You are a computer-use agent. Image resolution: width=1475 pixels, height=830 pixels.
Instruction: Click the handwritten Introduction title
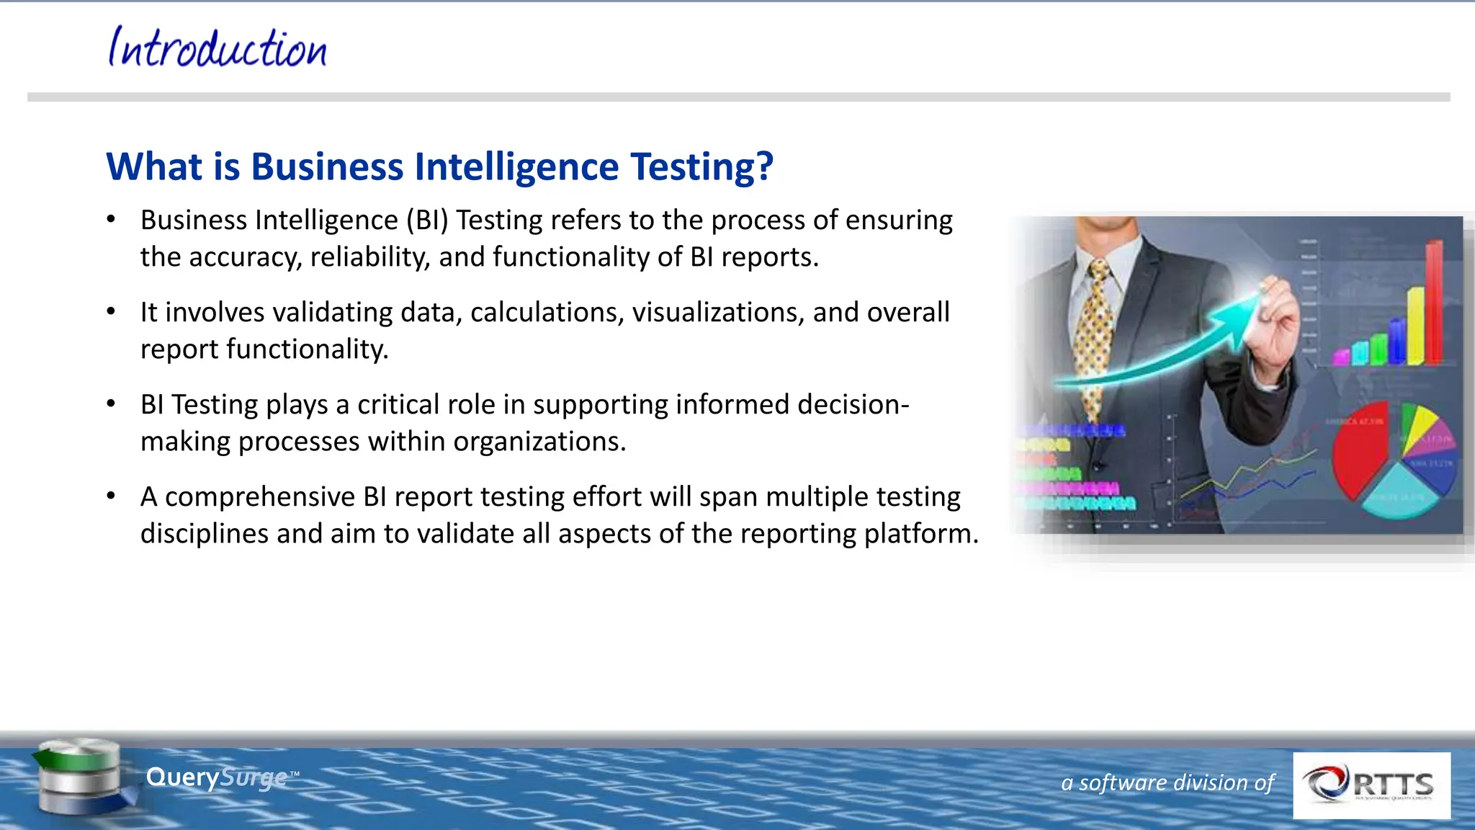[x=218, y=49]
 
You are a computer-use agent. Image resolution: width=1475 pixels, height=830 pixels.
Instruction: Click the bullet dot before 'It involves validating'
[x=111, y=312]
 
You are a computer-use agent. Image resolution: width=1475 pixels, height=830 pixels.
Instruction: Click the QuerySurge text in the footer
[x=216, y=777]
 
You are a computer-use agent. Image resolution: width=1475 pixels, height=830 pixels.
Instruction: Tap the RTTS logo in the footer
[x=1371, y=785]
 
